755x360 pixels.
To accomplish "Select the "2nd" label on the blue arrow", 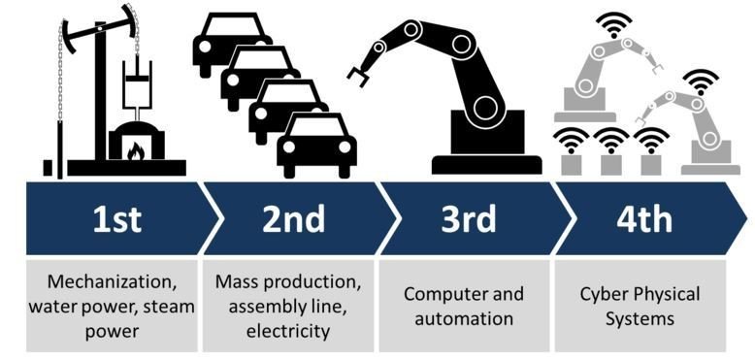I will click(x=292, y=219).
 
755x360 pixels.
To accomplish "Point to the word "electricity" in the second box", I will click(x=291, y=331).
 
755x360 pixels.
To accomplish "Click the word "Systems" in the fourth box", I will click(x=640, y=317).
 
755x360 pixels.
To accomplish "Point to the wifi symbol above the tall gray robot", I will click(x=612, y=23).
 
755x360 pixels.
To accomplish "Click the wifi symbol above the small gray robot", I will click(x=698, y=80).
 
